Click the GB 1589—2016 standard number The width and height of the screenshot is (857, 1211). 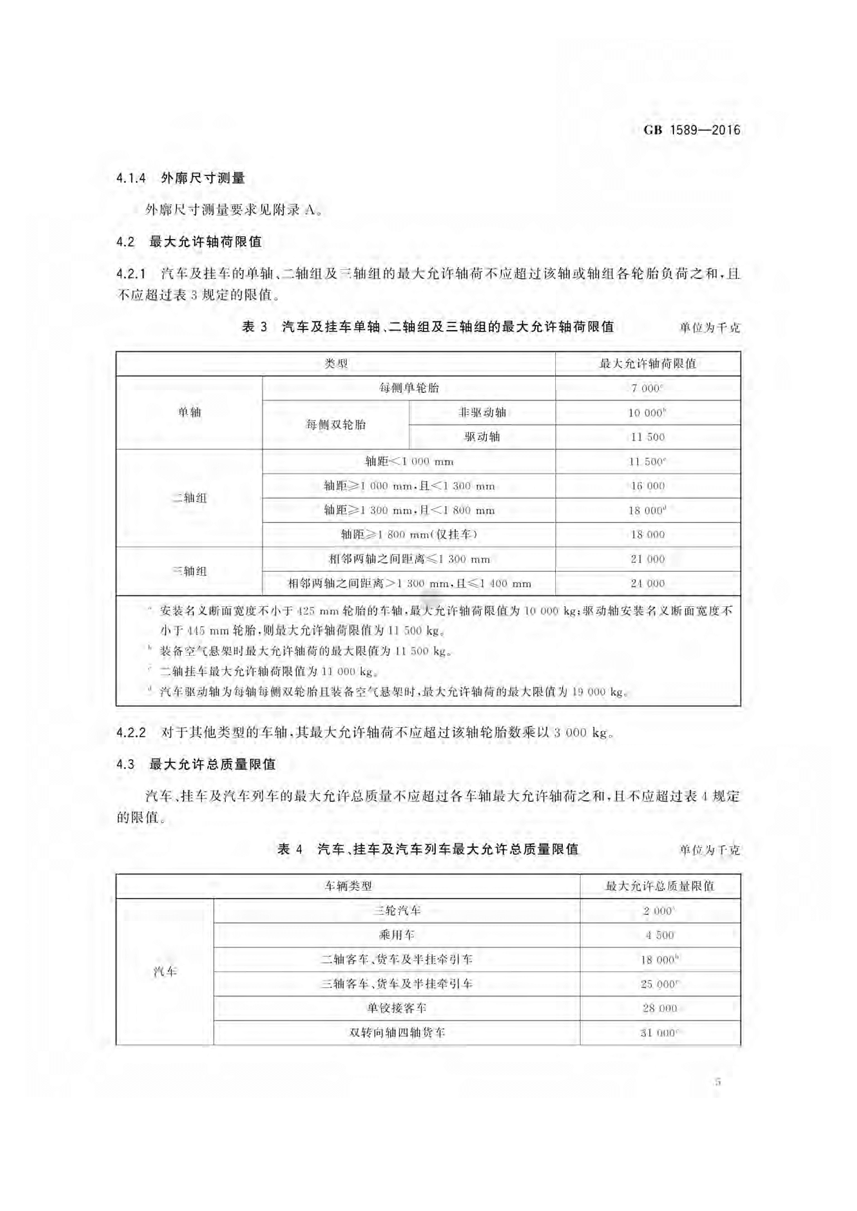coord(691,130)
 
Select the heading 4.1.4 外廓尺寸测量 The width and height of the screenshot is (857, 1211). coord(181,178)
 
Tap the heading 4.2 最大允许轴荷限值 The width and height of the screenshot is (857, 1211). coord(189,242)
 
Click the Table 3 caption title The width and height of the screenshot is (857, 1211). coord(428,327)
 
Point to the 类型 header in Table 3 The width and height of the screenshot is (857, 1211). coord(336,364)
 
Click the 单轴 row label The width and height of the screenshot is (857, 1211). coord(189,412)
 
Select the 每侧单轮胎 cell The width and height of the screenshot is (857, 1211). coord(409,388)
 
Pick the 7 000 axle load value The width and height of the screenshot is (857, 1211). coord(646,388)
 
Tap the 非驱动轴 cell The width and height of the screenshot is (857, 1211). coord(482,412)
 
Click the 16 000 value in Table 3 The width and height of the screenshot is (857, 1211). coord(647,486)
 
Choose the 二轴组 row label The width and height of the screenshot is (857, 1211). coord(189,498)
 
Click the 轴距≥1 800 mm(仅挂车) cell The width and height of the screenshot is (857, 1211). coord(409,534)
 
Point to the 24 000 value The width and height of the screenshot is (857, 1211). coord(647,583)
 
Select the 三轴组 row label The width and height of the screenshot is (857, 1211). coord(189,571)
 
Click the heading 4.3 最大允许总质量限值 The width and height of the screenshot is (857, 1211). coord(196,764)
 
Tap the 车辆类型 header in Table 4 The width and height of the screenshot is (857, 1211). coord(348,886)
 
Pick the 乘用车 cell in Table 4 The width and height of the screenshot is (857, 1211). coord(396,935)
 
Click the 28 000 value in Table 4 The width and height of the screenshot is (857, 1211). coord(659,1008)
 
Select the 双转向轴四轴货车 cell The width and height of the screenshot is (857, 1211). coord(396,1033)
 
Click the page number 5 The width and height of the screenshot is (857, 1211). coord(718,1081)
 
